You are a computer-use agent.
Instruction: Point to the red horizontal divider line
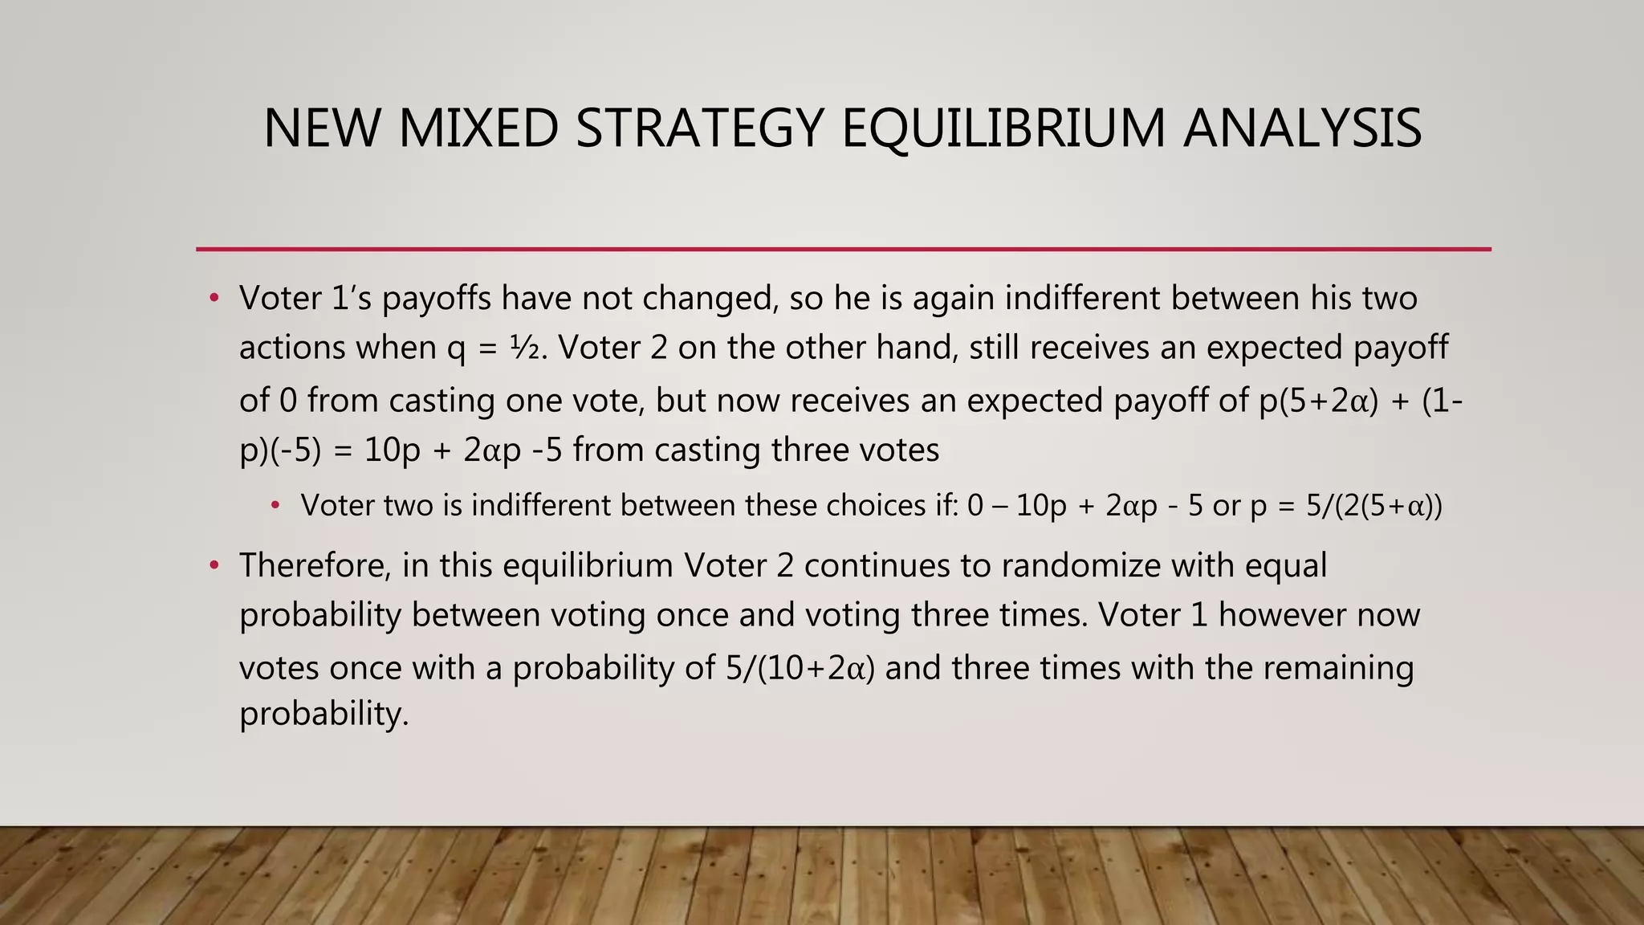click(843, 250)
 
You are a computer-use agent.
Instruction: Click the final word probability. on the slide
click(324, 714)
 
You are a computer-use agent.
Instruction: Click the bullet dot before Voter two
click(275, 506)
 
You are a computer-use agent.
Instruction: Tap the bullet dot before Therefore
click(214, 566)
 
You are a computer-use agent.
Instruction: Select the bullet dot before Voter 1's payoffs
click(214, 299)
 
